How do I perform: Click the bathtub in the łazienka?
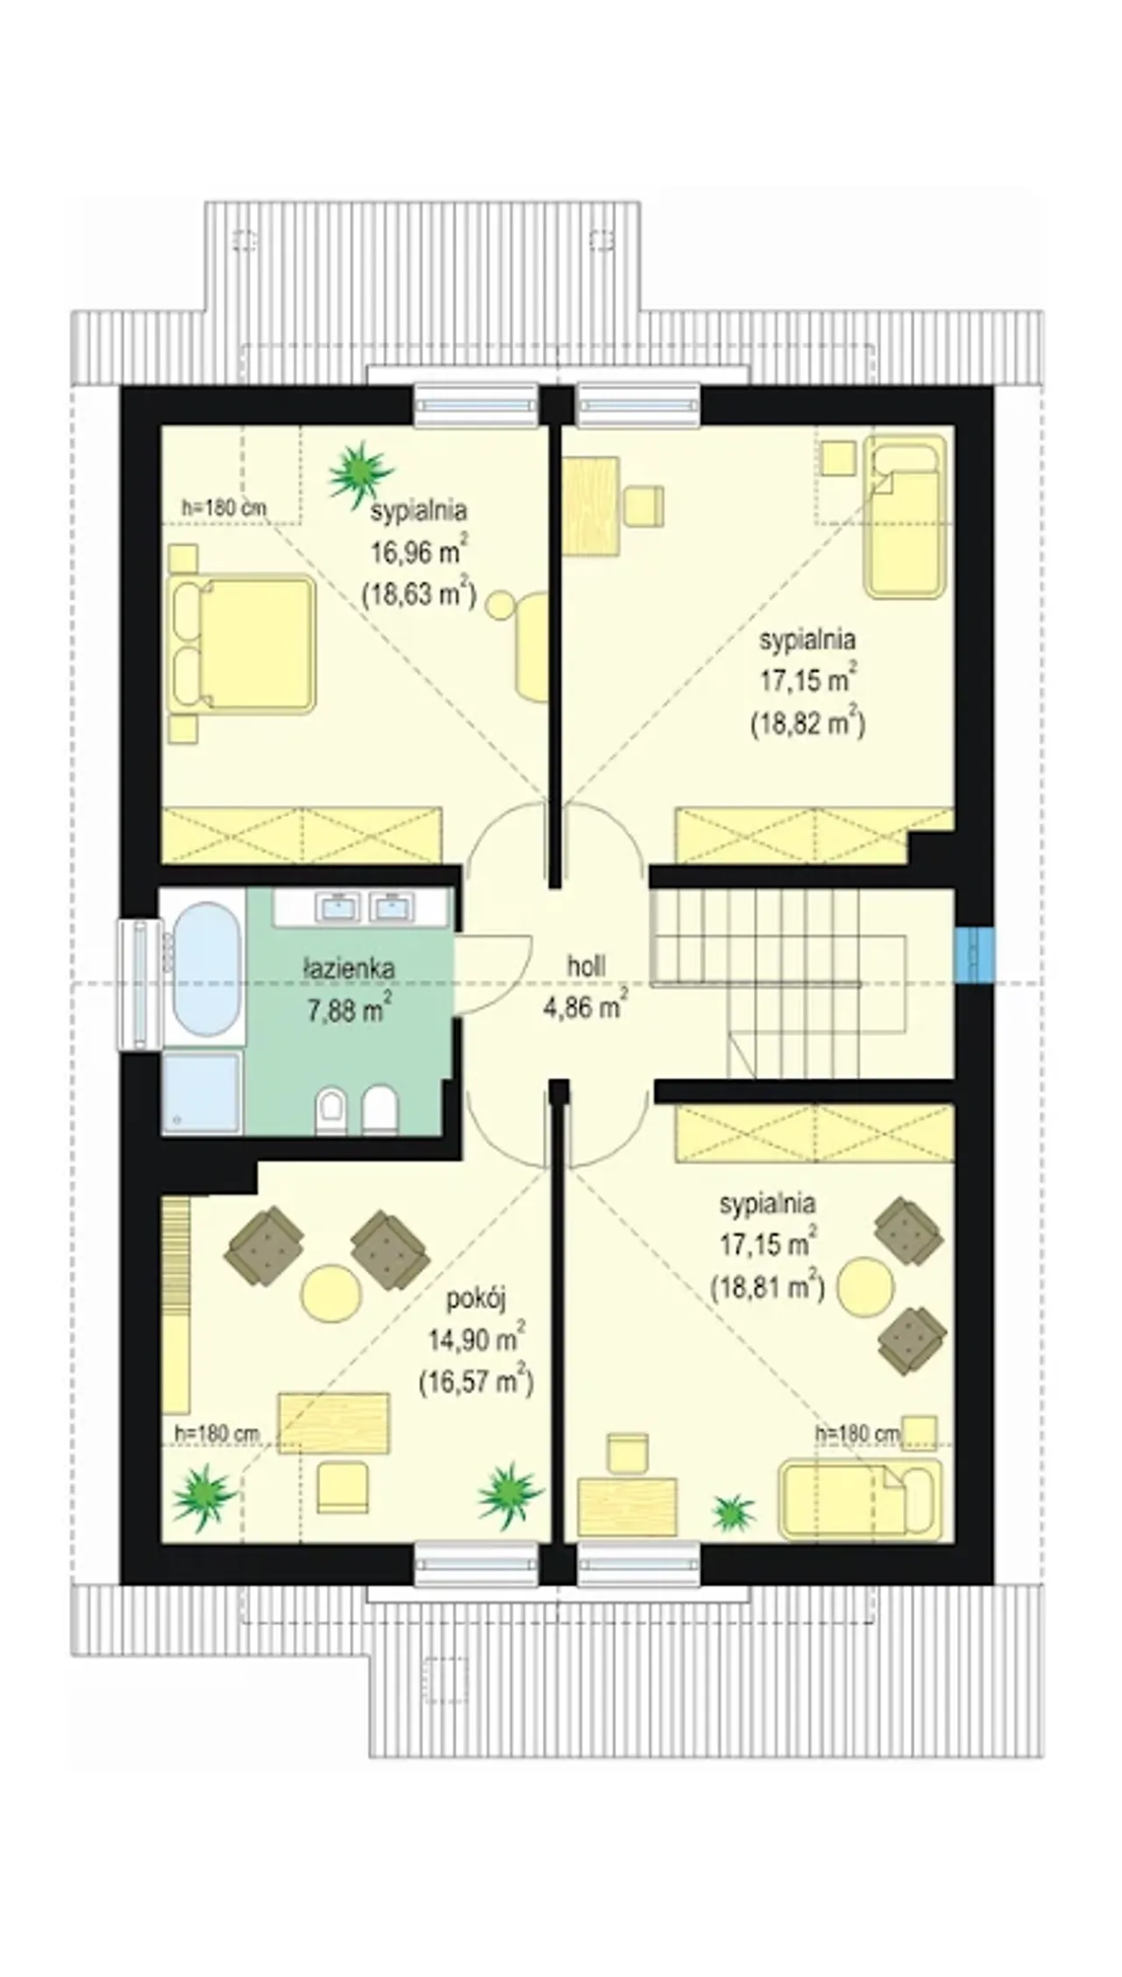205,970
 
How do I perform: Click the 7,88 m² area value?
350,1009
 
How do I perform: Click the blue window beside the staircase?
975,956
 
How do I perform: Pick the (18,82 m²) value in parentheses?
807,722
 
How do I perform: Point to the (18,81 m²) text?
767,1287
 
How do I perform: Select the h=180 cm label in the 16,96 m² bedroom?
224,507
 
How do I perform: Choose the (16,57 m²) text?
476,1382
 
